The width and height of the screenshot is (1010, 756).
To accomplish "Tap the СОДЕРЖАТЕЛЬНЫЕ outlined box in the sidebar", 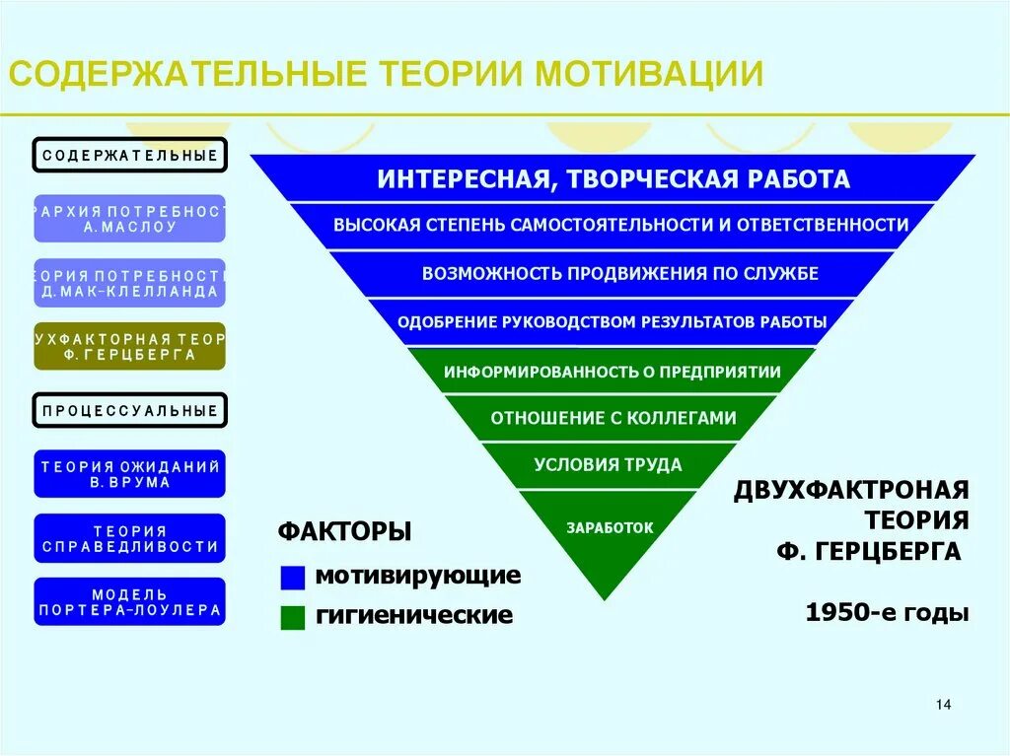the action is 130,156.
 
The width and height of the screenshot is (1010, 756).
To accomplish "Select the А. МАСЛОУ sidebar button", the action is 130,219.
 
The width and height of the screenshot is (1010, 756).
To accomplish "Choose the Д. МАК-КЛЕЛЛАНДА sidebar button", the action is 130,283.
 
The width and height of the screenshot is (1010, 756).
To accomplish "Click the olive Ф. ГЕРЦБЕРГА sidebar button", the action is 130,346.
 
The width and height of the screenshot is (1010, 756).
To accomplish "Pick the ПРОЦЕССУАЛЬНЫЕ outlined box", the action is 130,410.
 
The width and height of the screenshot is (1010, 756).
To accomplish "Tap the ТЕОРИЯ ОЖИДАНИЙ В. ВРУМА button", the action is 130,474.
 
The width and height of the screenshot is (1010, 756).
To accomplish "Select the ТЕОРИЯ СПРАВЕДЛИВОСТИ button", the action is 130,538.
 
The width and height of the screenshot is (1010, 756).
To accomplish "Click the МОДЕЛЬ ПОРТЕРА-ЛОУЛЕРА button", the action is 130,601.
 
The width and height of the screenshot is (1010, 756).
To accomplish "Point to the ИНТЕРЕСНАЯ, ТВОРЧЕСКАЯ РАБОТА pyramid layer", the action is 613,179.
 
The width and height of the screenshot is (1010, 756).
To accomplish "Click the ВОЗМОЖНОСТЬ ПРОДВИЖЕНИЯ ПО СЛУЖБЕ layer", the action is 619,273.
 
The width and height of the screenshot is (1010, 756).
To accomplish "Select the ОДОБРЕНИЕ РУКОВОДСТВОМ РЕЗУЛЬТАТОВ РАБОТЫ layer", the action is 612,322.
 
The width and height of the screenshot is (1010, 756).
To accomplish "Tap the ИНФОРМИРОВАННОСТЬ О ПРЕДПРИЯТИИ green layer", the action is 612,372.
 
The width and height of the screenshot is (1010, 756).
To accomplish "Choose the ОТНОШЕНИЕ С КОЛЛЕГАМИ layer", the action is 613,418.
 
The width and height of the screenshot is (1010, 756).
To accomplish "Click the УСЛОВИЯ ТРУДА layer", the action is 608,464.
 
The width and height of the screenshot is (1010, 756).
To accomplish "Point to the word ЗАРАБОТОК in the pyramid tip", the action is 610,527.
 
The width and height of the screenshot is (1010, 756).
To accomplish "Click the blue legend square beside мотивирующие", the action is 293,577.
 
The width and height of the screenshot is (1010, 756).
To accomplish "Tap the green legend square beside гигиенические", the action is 293,617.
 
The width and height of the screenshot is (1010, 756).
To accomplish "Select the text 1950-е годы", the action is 887,613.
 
